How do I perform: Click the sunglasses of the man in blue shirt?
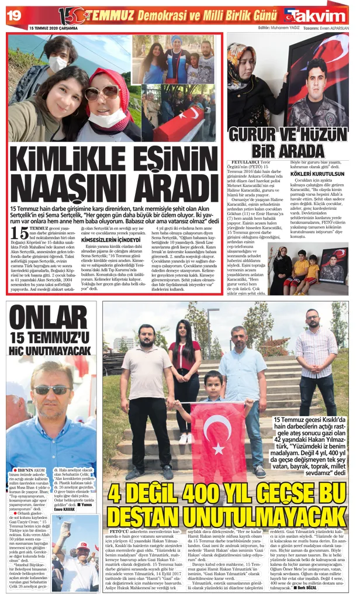[52, 390]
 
